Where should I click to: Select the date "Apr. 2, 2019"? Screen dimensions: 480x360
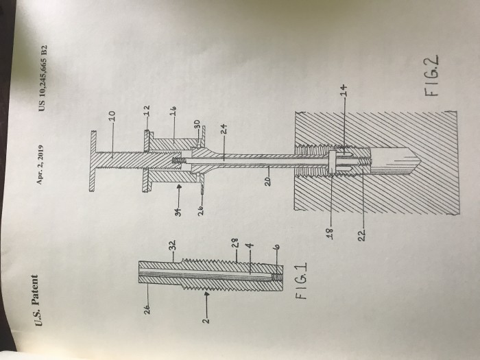click(40, 165)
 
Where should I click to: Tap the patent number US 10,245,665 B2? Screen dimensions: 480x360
click(43, 78)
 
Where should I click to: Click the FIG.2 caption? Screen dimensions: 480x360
click(431, 75)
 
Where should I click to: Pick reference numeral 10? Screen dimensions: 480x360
click(112, 116)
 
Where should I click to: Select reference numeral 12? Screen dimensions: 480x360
click(147, 110)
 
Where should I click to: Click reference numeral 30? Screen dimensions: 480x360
click(197, 124)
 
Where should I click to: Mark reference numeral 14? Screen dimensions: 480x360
click(344, 90)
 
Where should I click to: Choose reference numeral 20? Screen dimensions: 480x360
click(268, 181)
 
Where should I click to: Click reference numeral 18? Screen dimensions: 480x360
click(331, 232)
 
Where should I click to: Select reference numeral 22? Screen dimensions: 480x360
click(361, 235)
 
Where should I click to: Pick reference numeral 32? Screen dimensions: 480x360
click(173, 245)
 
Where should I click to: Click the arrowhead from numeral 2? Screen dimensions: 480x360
click(207, 294)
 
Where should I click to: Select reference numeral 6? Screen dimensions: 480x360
click(276, 246)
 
